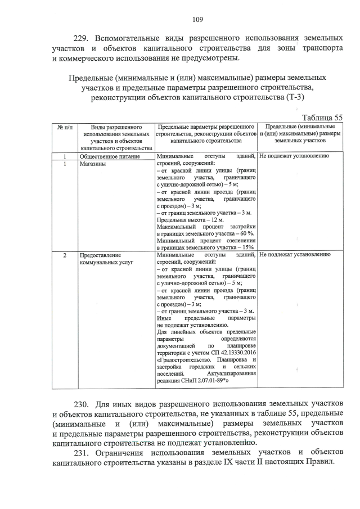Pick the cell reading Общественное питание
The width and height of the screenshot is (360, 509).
(109, 156)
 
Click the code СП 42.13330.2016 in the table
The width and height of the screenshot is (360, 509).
(227, 352)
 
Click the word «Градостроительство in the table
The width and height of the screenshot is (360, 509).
(183, 359)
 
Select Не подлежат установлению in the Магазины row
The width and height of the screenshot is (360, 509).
(294, 156)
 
